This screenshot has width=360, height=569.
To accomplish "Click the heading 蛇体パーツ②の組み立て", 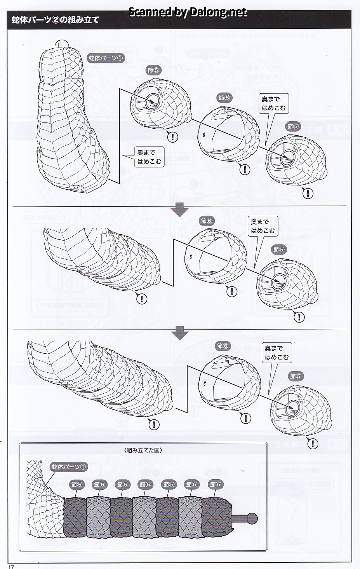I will coord(56,20).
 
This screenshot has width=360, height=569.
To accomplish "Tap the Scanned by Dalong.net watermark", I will coord(187,12).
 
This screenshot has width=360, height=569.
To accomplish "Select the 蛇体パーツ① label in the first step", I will coord(106,58).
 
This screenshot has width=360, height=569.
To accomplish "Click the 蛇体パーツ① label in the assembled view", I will coord(69,466).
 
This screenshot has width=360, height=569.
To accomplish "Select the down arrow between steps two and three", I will coord(179,333).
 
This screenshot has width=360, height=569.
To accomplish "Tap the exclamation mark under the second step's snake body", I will coord(142,298).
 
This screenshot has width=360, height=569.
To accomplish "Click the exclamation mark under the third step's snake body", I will coord(154,424).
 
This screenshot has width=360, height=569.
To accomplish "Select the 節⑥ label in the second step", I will coord(207,221).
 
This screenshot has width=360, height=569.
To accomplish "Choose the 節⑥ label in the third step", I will coord(223,346).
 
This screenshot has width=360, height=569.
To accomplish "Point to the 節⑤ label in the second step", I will coord(279,250).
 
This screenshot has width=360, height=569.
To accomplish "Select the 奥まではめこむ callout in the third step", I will coord(277,353).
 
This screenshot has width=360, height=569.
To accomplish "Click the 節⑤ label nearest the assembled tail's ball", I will coord(215,484).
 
